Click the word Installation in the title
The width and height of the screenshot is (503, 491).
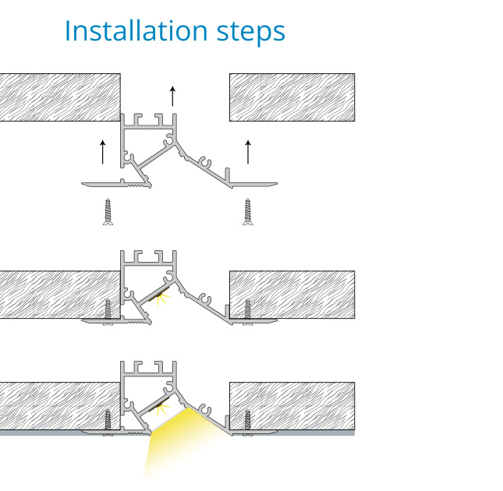[x=136, y=31]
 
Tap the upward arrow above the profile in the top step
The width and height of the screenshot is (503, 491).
[x=172, y=96]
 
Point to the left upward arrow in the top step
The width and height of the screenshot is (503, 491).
[x=103, y=152]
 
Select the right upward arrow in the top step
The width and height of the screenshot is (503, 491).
[x=248, y=152]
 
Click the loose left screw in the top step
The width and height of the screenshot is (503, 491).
[x=108, y=212]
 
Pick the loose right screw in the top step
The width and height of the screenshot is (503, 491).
[x=248, y=212]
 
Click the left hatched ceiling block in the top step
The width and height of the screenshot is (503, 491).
[x=60, y=97]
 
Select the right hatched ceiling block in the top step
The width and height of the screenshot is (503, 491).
[x=292, y=97]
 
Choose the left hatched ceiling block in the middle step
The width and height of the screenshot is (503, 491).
[x=60, y=295]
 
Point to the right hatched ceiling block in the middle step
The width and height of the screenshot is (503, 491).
[x=292, y=295]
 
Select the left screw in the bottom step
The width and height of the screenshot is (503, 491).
[x=108, y=422]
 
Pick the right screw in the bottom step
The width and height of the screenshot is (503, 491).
[x=248, y=422]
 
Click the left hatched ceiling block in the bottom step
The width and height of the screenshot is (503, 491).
[x=60, y=406]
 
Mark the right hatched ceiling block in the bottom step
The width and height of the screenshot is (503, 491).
[x=292, y=406]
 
